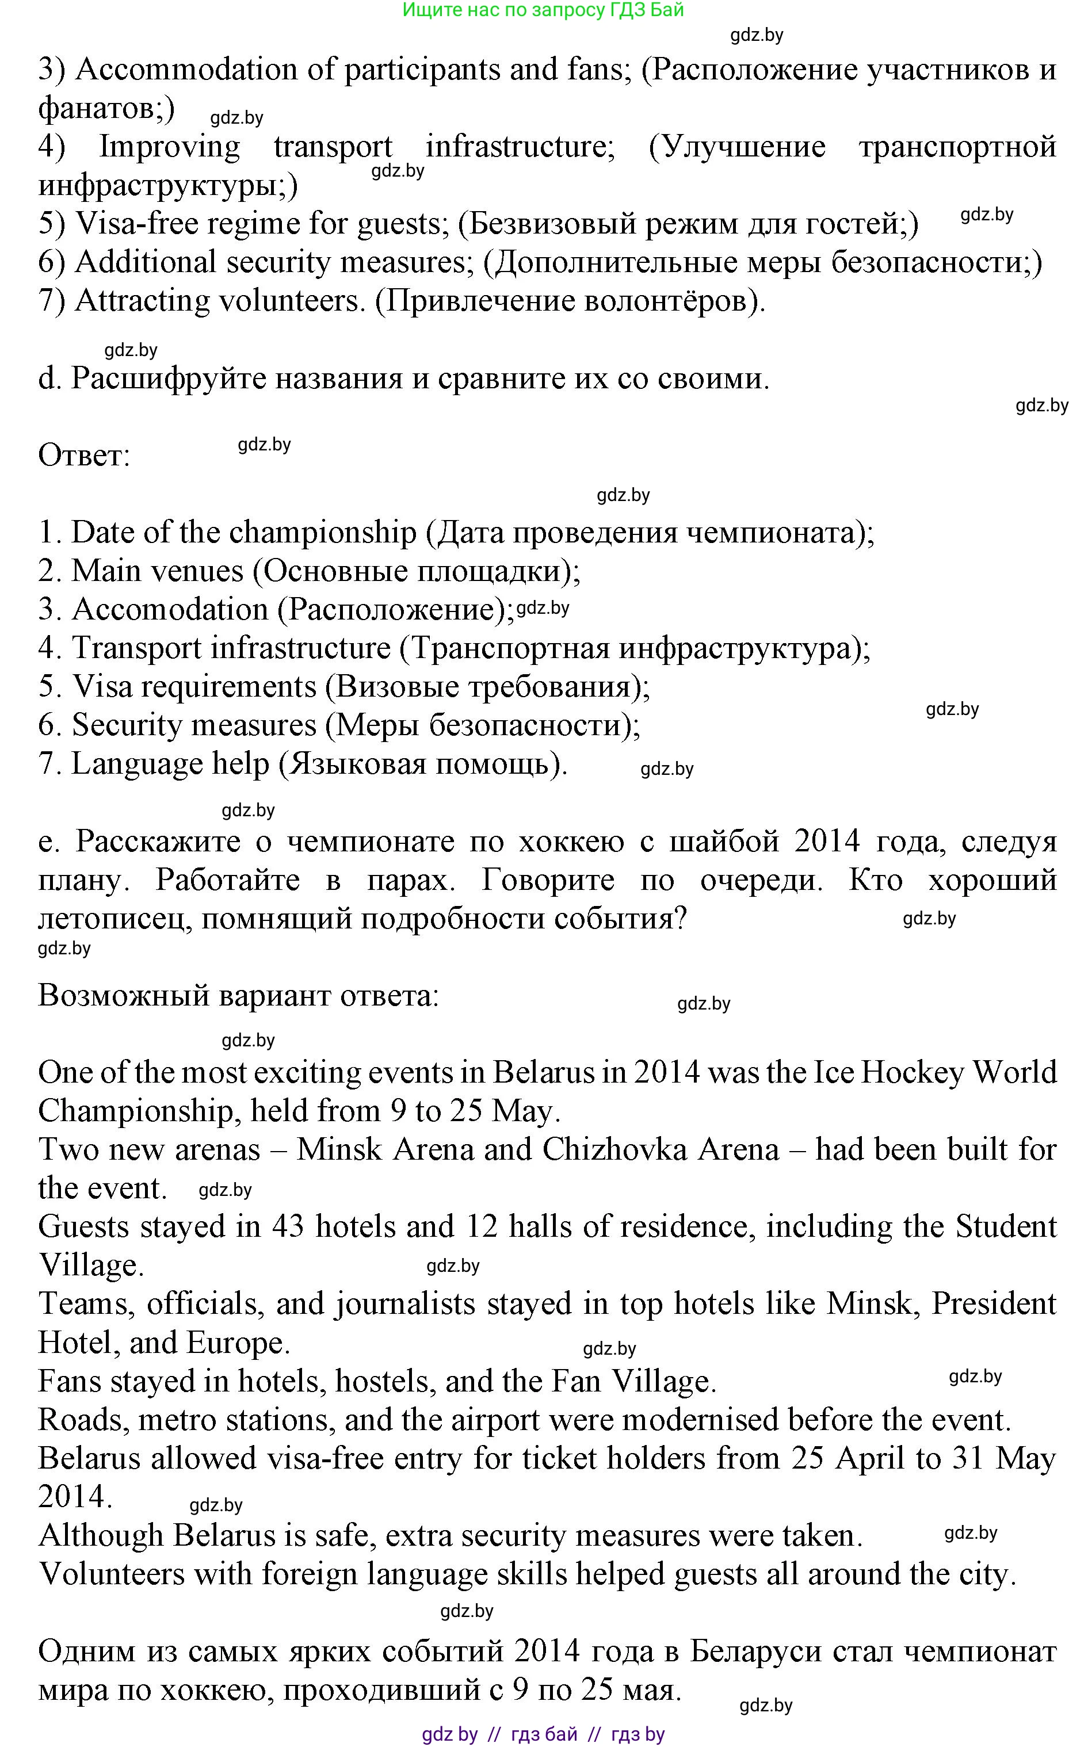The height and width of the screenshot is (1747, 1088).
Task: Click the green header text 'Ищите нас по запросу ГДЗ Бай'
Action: click(x=543, y=10)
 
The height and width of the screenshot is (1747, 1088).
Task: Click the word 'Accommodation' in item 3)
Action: click(x=186, y=70)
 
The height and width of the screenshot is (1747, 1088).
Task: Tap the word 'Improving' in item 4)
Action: click(x=169, y=147)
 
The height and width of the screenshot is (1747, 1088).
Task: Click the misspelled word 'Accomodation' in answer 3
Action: click(x=170, y=609)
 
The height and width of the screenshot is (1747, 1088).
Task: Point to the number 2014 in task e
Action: click(x=827, y=841)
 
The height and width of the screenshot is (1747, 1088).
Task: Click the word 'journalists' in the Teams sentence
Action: click(x=405, y=1304)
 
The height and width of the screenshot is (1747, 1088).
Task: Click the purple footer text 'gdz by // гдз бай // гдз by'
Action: click(x=543, y=1734)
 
